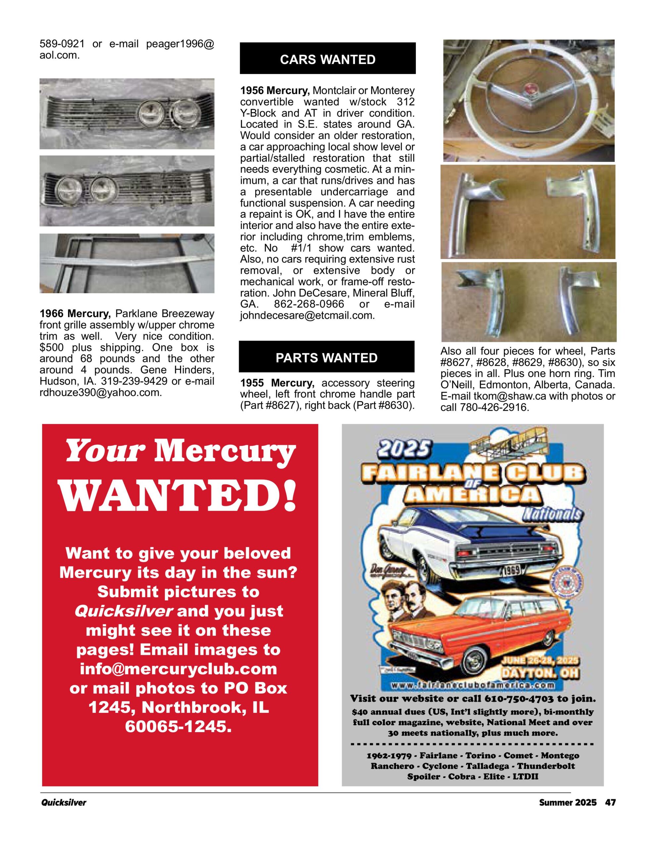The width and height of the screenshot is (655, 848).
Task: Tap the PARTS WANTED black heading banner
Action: coord(326,357)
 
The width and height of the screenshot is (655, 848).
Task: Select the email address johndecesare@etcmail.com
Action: coord(307,316)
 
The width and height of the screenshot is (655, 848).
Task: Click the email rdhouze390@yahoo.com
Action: coord(100,393)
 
